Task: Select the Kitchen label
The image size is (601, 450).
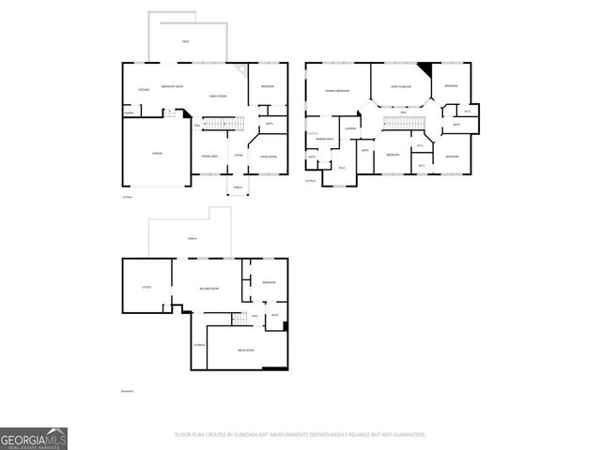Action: pos(145,90)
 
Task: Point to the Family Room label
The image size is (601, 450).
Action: pos(217,96)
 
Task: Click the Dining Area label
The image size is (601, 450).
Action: pos(209,156)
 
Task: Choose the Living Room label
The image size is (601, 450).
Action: pos(268,156)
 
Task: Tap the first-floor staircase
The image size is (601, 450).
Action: pos(223,124)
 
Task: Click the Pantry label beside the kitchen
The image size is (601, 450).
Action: pos(130,114)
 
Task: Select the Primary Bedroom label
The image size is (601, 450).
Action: pos(337,90)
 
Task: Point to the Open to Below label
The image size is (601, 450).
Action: pos(401,86)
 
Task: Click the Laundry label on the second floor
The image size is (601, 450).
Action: pos(350,128)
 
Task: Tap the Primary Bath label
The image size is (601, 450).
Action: pos(326,138)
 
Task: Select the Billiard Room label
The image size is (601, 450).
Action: pos(208,288)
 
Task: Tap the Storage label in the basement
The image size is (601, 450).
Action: pos(199,345)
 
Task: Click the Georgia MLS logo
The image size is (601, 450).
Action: pos(34,438)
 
